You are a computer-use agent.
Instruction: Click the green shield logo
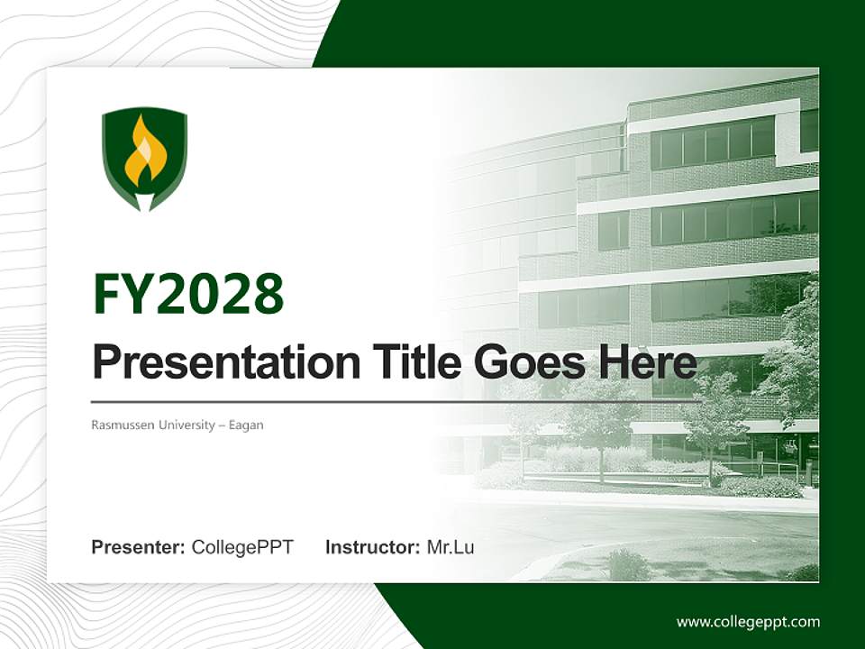tap(144, 159)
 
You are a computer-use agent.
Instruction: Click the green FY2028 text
tap(188, 294)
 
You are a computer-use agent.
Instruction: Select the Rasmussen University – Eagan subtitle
tap(178, 425)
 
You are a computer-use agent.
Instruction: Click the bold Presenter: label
tap(139, 547)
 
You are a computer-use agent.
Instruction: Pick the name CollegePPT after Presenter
tap(242, 547)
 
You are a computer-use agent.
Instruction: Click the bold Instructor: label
tap(372, 547)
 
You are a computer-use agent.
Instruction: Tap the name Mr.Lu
tap(451, 547)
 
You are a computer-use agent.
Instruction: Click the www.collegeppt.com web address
tap(748, 621)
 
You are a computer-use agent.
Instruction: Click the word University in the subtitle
tap(184, 425)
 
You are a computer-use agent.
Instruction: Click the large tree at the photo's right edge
tap(793, 352)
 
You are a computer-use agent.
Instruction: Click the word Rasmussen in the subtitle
tap(122, 425)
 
